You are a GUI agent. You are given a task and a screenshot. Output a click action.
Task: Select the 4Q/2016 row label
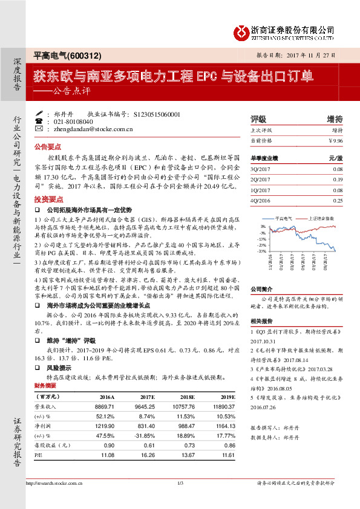tap(259, 199)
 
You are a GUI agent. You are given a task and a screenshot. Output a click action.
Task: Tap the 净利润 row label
tap(44, 426)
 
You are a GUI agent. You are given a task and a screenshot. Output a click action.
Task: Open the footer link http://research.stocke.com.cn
tap(53, 483)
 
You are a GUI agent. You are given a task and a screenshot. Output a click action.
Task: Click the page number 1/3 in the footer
tap(180, 482)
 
